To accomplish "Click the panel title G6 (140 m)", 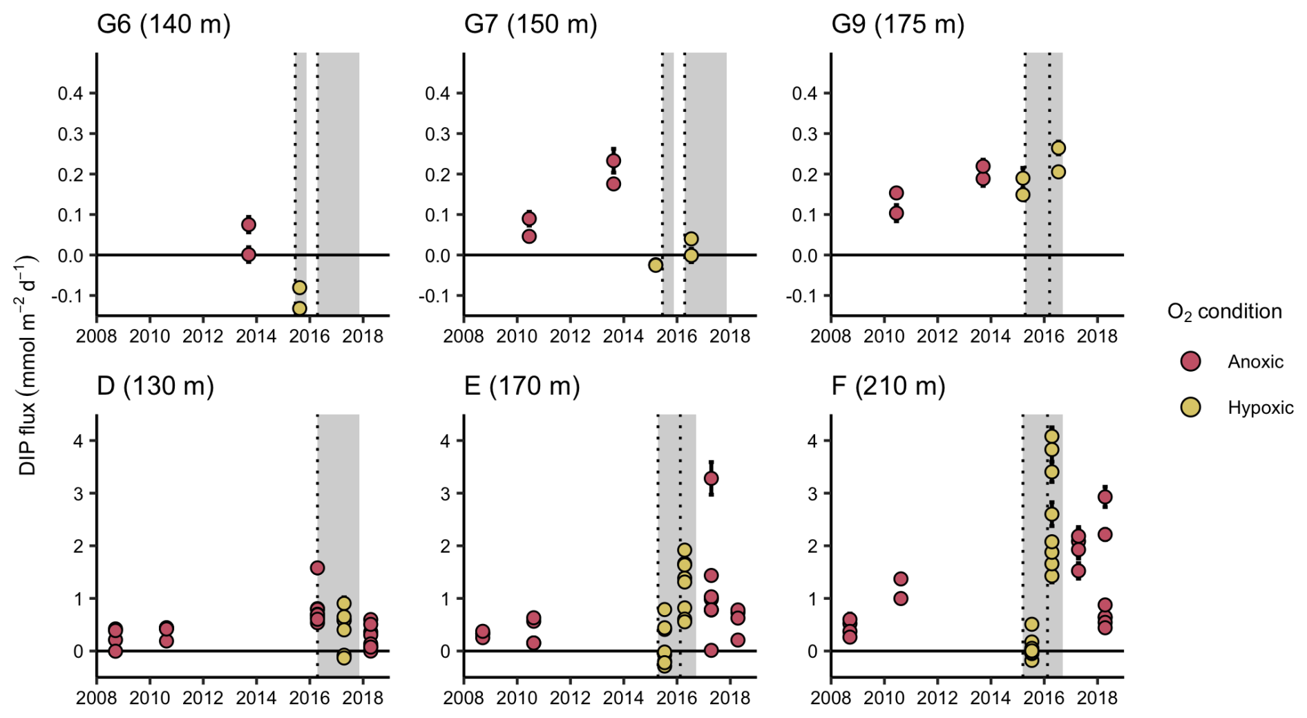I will click(164, 25).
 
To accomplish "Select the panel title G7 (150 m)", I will click(531, 25).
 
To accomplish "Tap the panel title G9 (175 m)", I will click(897, 25).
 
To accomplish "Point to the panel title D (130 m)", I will click(155, 386).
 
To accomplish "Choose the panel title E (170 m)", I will click(522, 386).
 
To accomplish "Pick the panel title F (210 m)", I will click(888, 386).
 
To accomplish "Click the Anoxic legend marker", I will click(1190, 361).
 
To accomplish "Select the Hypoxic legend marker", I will click(1190, 408).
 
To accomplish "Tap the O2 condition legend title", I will click(1224, 312).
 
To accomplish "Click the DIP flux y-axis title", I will click(28, 366).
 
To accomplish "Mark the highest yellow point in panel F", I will click(1051, 436).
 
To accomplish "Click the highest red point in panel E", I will click(711, 478).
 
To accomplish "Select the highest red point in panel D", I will click(317, 568).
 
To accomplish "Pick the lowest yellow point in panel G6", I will click(299, 308).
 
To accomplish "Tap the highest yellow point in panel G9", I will click(1058, 148).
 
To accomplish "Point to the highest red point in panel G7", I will click(613, 161).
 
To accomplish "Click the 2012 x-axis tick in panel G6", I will click(202, 337).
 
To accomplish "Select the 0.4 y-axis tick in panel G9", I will click(804, 93).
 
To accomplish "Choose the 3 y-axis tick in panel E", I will click(445, 493).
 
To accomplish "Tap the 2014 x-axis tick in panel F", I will click(990, 698).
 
